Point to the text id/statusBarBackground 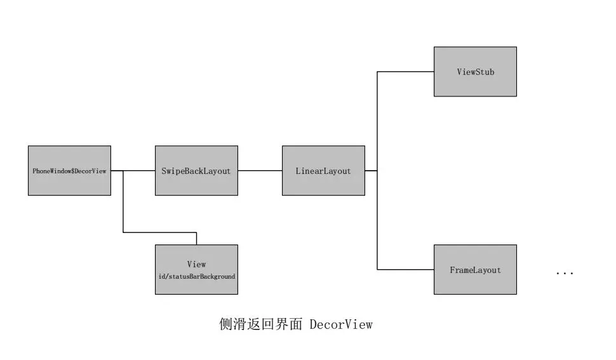pos(196,277)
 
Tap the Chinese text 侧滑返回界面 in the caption pos(260,324)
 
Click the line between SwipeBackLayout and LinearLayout pos(260,171)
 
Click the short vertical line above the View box pos(196,239)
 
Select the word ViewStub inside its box pos(475,72)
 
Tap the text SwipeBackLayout pos(196,171)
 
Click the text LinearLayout pos(323,171)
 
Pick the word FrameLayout pos(475,270)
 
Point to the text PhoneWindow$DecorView pos(69,171)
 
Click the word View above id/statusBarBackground pos(196,264)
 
